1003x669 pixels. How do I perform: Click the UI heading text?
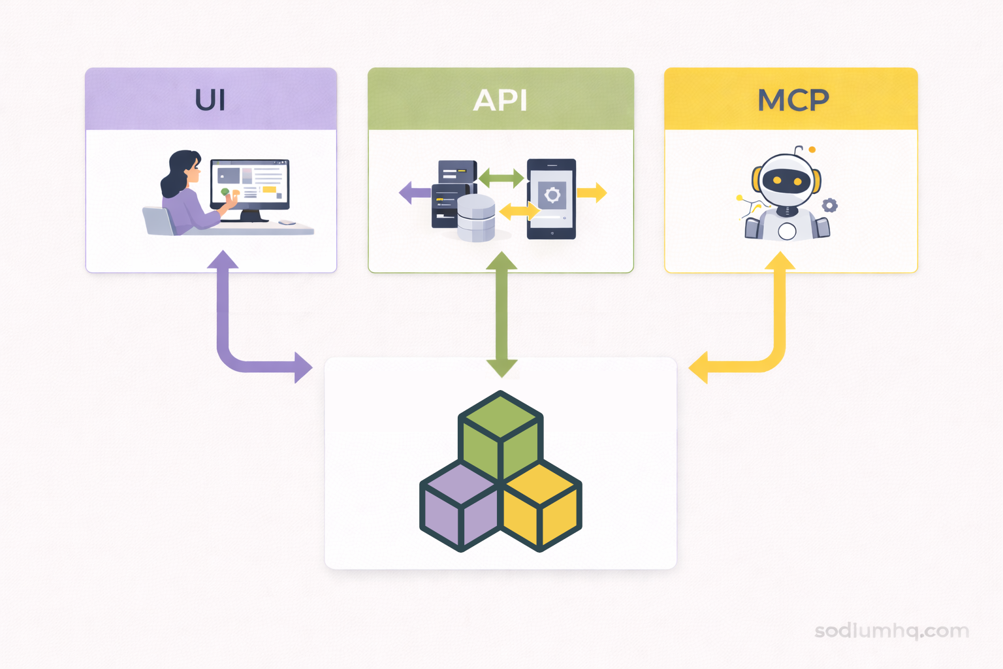coord(210,100)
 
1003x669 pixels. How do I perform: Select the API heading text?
coord(500,100)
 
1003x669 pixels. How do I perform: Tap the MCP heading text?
coord(793,100)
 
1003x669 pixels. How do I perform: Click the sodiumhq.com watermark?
coord(892,630)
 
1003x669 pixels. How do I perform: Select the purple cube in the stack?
coord(460,506)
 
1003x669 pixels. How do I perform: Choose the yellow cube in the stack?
coord(541,506)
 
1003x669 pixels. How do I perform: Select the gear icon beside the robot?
coord(829,205)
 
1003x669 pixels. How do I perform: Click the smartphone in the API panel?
coord(552,199)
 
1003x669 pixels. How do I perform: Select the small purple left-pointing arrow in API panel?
coord(413,193)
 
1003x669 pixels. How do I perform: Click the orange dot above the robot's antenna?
coord(812,150)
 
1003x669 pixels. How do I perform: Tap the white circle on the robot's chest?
coord(787,231)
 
